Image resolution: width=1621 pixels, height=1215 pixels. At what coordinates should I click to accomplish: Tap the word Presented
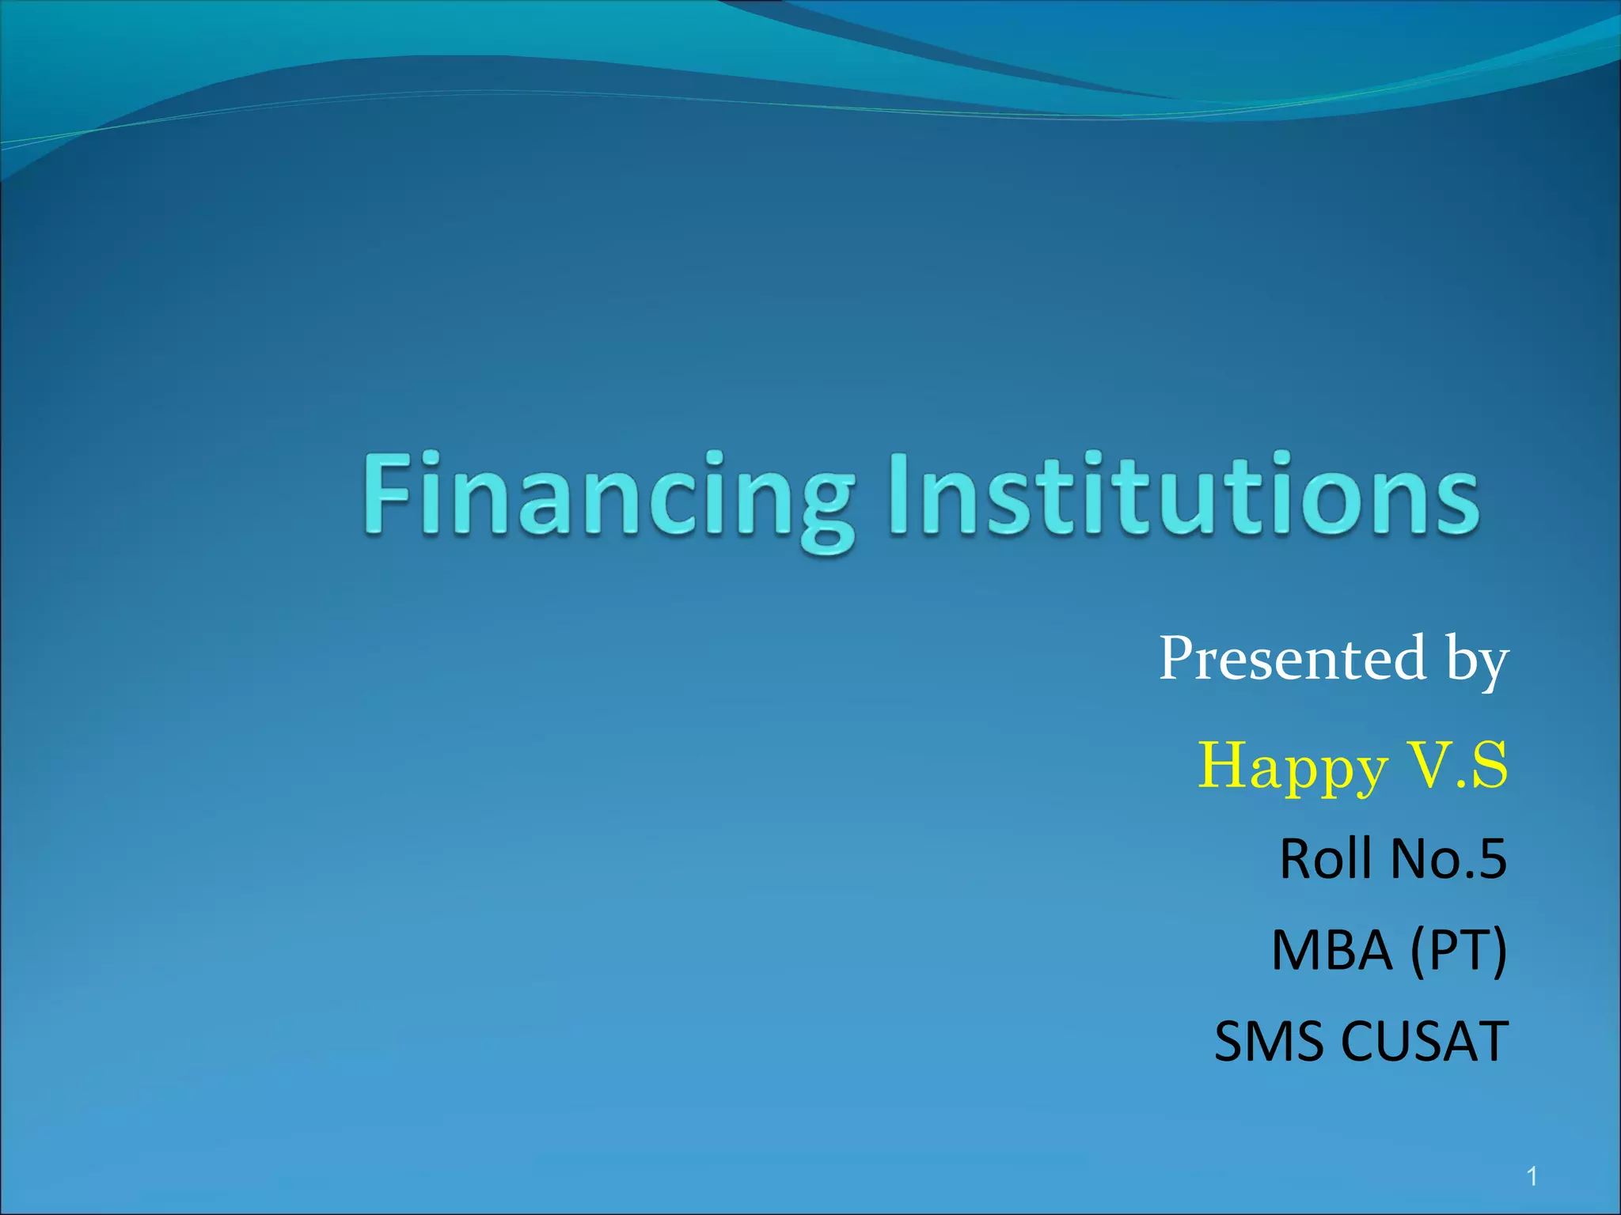1292,658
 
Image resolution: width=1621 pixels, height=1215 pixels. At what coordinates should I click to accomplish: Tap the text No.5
1448,859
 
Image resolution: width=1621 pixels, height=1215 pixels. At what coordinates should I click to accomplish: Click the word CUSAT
1425,1042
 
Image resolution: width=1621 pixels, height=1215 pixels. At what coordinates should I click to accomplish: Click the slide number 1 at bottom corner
1532,1177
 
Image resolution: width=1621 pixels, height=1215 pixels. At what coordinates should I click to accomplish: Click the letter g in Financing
827,510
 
